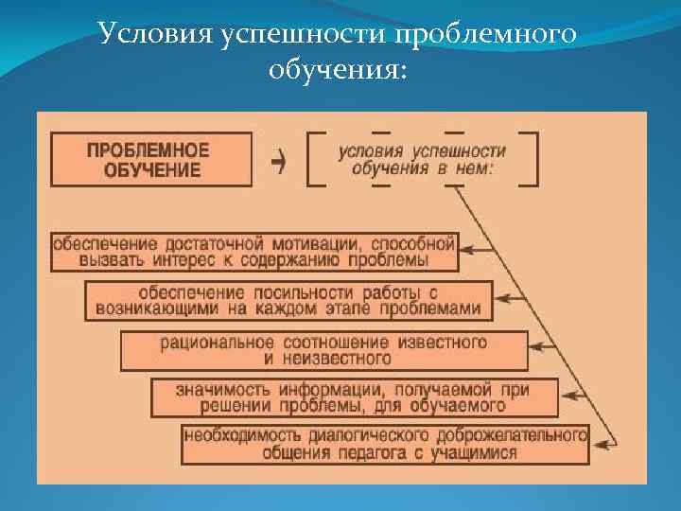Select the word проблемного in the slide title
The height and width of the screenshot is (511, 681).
tap(488, 35)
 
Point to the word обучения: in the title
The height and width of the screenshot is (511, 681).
tap(340, 71)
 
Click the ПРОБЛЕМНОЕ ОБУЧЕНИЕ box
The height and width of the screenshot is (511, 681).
tap(151, 159)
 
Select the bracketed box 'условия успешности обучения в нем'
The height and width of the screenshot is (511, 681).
tap(423, 159)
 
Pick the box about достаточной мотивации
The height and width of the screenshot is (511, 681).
tap(253, 251)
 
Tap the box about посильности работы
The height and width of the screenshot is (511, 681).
tap(289, 300)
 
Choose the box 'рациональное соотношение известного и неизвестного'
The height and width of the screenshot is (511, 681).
tap(323, 350)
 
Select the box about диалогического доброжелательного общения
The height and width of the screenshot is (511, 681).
tap(385, 445)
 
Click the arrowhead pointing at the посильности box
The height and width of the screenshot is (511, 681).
tap(503, 299)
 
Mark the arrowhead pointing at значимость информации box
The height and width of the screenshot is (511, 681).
tap(570, 396)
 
